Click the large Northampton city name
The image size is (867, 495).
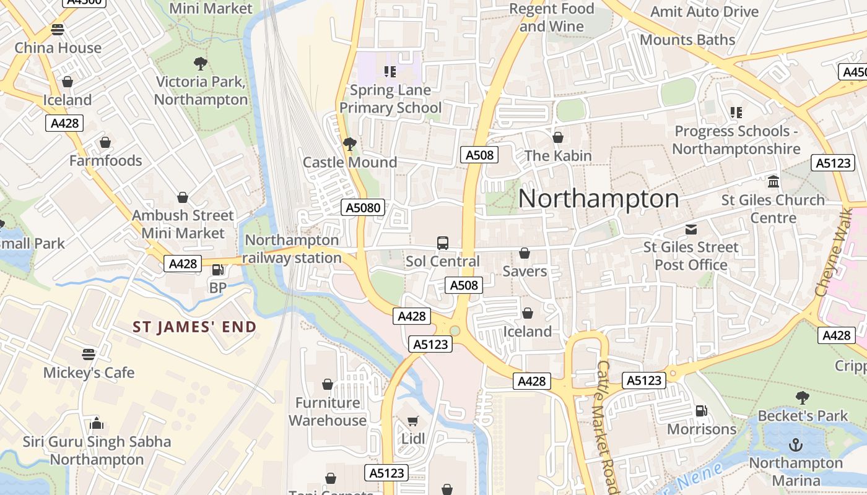click(598, 199)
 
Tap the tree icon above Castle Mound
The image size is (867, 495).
click(350, 144)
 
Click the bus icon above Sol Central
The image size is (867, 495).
click(443, 243)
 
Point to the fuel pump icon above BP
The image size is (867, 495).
click(218, 270)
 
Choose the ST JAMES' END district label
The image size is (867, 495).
click(194, 327)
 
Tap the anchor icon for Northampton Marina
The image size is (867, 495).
click(796, 445)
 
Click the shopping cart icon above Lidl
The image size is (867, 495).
click(413, 421)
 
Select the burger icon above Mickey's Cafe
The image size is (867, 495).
click(89, 355)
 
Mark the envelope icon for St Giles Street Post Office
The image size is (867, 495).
click(691, 230)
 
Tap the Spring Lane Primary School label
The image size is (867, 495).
click(390, 99)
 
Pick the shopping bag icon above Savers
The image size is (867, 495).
click(525, 253)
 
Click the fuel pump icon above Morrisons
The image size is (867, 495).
click(702, 411)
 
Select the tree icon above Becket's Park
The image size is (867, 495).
click(803, 397)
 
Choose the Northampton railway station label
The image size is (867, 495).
click(292, 249)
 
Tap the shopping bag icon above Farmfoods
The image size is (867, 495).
click(105, 143)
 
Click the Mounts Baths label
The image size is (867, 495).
click(687, 40)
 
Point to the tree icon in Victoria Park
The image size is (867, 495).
click(200, 63)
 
